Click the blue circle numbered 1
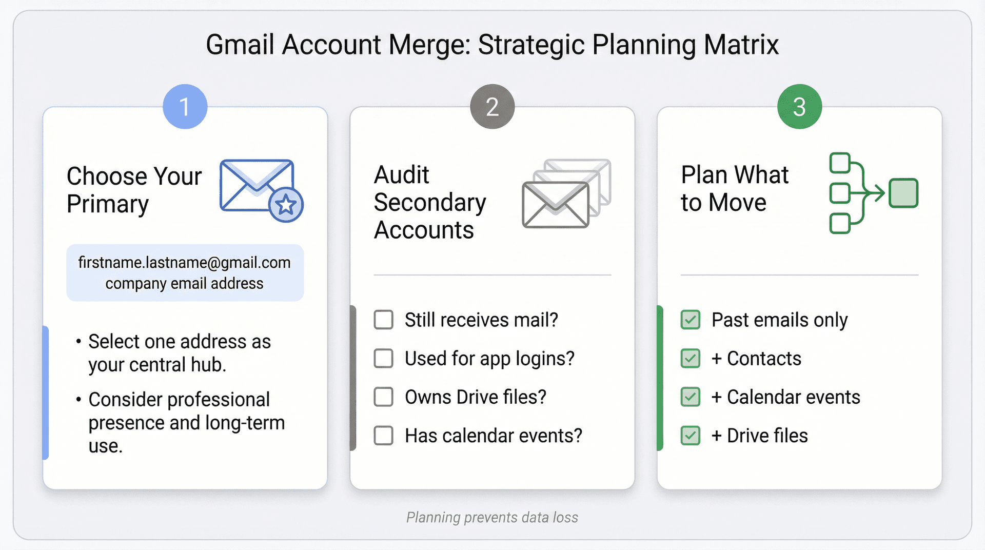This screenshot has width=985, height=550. click(185, 107)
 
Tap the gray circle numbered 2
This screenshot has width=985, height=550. click(492, 107)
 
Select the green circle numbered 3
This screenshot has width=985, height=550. click(799, 107)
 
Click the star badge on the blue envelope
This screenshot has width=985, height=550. click(286, 205)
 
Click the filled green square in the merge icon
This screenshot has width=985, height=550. click(903, 193)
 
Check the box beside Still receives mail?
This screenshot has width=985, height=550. click(384, 320)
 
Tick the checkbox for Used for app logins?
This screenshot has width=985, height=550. click(384, 358)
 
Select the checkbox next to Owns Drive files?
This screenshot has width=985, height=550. click(384, 397)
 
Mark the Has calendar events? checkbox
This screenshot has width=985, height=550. click(384, 436)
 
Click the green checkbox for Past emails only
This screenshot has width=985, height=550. click(691, 320)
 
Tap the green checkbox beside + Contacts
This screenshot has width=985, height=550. click(691, 358)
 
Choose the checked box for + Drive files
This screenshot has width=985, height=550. click(691, 436)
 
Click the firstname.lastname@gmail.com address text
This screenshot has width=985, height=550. click(184, 263)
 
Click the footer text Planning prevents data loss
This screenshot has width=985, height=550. click(492, 517)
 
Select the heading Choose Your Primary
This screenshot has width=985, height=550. click(134, 190)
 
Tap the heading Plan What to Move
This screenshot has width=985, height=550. click(734, 188)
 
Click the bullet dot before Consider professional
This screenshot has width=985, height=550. click(78, 400)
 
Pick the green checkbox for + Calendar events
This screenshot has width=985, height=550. click(691, 397)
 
